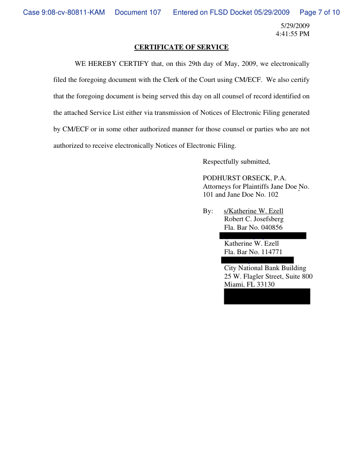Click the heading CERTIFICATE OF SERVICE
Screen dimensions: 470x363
pyautogui.click(x=181, y=47)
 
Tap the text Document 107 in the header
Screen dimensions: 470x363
pyautogui.click(x=138, y=12)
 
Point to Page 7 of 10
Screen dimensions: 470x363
pyautogui.click(x=320, y=12)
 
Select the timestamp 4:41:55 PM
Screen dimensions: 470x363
pyautogui.click(x=293, y=34)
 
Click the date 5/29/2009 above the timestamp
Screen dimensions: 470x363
pyautogui.click(x=295, y=26)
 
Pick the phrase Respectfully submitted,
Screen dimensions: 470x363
pyautogui.click(x=237, y=162)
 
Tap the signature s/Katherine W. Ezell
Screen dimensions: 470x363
pyautogui.click(x=254, y=211)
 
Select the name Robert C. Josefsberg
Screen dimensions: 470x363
pyautogui.click(x=254, y=219)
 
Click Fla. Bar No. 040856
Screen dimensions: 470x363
pyautogui.click(x=253, y=227)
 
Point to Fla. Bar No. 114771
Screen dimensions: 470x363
pyautogui.click(x=253, y=252)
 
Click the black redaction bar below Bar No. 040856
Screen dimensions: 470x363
pyautogui.click(x=262, y=235)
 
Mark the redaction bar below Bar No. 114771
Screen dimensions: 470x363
pyautogui.click(x=257, y=260)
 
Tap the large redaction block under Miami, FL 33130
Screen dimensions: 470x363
pyautogui.click(x=267, y=296)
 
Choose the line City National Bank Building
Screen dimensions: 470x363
pyautogui.click(x=265, y=268)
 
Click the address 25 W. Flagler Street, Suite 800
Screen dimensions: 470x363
pyautogui.click(x=268, y=276)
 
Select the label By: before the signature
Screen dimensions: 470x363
pyautogui.click(x=208, y=211)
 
